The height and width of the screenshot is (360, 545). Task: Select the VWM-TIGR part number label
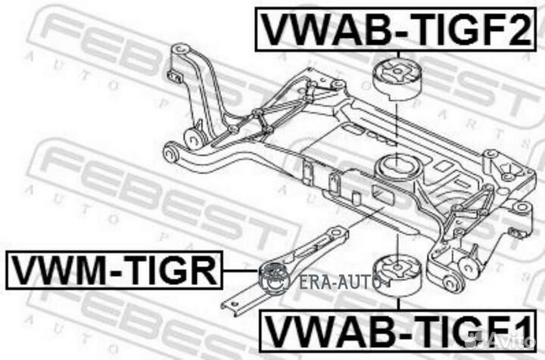tap(114, 270)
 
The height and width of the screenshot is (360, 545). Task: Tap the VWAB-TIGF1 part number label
tap(398, 332)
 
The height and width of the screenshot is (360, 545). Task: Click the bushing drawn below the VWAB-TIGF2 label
tap(398, 80)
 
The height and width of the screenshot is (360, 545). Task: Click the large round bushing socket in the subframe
tap(397, 169)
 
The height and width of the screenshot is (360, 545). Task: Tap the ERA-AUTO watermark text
tap(340, 282)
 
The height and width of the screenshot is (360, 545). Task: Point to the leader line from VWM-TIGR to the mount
tap(241, 270)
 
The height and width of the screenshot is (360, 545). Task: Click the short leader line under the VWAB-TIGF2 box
tap(398, 56)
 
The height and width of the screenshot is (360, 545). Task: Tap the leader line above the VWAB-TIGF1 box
tap(398, 303)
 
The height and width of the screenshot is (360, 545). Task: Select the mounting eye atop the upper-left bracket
tap(179, 49)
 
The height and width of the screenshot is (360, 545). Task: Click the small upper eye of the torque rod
tap(336, 233)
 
